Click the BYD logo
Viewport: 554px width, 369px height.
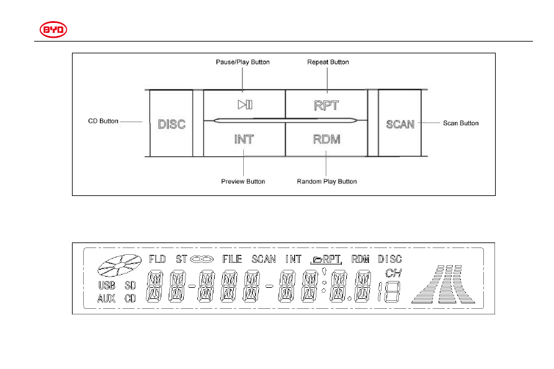[x=53, y=30]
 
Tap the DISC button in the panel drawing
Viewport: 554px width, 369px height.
[x=171, y=123]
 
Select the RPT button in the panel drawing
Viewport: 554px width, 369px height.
[x=326, y=104]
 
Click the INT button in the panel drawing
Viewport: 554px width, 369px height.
[x=244, y=139]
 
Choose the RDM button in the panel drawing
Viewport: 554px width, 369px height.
[x=326, y=139]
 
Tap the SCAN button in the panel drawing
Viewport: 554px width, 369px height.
[x=400, y=123]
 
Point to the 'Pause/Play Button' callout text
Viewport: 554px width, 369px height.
[x=243, y=62]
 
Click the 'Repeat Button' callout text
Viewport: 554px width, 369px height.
[x=328, y=62]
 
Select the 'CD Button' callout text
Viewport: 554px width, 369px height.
[x=103, y=121]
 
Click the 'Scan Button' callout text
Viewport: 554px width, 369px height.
[x=461, y=123]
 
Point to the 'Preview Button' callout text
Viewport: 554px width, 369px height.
[x=243, y=182]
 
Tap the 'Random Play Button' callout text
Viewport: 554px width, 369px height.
[x=327, y=182]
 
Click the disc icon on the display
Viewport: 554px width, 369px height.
[x=119, y=265]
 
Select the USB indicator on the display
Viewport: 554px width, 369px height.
[x=107, y=285]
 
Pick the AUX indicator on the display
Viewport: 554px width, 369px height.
[x=106, y=299]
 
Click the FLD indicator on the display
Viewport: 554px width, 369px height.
[x=157, y=259]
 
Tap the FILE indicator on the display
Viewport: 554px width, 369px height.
[x=232, y=259]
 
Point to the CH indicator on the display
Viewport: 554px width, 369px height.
[x=393, y=273]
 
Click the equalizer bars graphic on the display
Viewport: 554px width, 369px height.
[x=444, y=284]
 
